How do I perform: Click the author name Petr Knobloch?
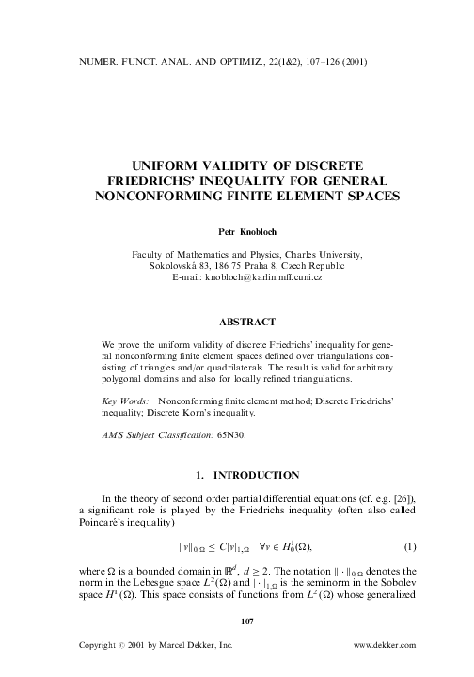tap(237, 228)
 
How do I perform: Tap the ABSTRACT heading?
tap(237, 321)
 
